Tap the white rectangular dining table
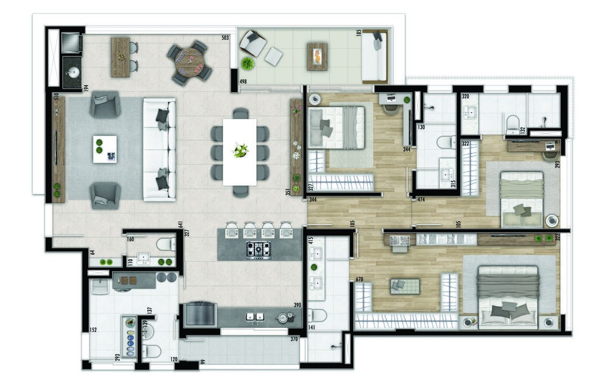(239, 152)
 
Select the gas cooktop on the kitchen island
(258, 250)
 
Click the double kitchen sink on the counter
(255, 317)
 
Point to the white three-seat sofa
(159, 150)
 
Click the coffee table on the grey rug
(105, 149)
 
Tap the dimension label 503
(225, 38)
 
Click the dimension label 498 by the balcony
(243, 81)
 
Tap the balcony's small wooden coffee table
(317, 57)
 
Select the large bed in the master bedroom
(507, 296)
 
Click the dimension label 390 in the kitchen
(297, 306)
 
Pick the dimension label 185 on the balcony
(359, 33)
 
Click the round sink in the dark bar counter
(72, 73)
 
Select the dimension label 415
(311, 240)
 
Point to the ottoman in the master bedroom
(405, 285)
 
